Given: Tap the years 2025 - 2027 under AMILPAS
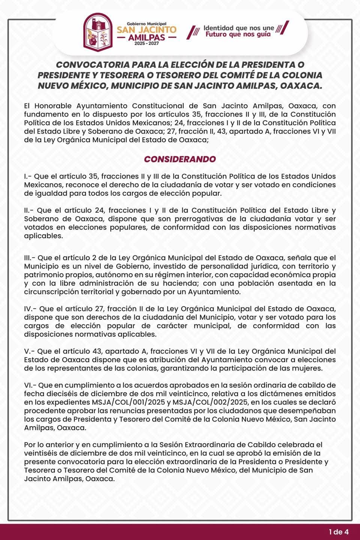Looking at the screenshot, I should pyautogui.click(x=146, y=44).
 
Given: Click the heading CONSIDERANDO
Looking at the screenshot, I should pyautogui.click(x=180, y=159).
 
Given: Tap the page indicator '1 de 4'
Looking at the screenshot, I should pyautogui.click(x=339, y=531).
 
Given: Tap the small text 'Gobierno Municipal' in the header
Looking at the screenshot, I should pyautogui.click(x=146, y=23).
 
